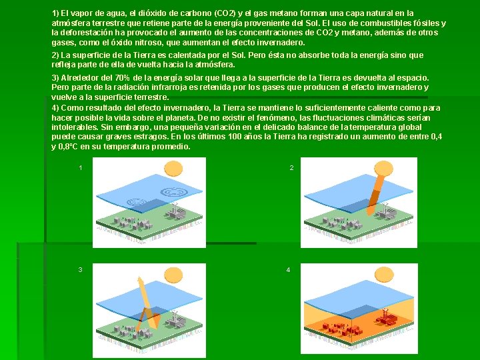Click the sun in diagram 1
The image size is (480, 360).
[x=173, y=169]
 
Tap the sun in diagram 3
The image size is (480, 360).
[x=173, y=275]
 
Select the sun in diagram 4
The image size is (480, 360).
[x=384, y=274]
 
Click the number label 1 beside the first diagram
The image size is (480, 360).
[x=81, y=168]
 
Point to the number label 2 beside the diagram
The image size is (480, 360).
[x=291, y=168]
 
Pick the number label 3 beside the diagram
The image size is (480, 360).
[x=80, y=270]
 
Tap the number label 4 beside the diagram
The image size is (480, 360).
[x=288, y=270]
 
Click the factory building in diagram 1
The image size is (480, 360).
[x=175, y=211]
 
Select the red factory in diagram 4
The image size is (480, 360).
[x=386, y=318]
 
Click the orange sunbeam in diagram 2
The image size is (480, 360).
[x=377, y=192]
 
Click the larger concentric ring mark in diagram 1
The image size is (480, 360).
[x=174, y=192]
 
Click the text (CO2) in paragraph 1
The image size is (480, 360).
[x=225, y=13]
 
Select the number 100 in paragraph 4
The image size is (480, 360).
[x=235, y=137]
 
